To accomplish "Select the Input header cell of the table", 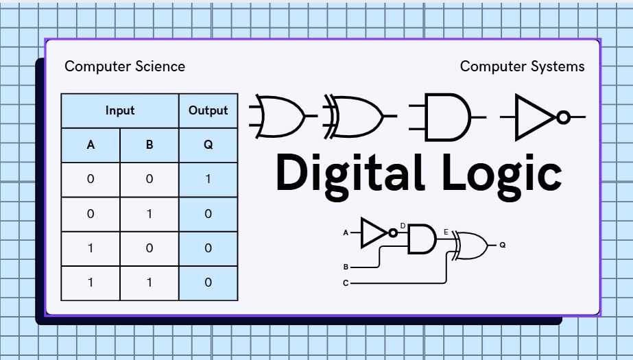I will point(120,110).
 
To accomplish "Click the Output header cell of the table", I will point(208,110).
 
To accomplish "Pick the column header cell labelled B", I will point(150,145).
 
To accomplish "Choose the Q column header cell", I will point(208,145).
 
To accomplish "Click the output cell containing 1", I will point(208,180).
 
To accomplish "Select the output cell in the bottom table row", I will point(208,283).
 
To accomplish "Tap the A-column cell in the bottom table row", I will point(91,283).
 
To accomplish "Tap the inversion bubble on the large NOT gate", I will point(563,117).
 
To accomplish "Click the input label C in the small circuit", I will point(346,283).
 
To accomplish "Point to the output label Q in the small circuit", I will point(502,245).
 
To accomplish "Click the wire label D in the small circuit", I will point(403,225).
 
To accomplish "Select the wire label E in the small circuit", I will point(446,232).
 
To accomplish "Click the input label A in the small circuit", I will point(346,233).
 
